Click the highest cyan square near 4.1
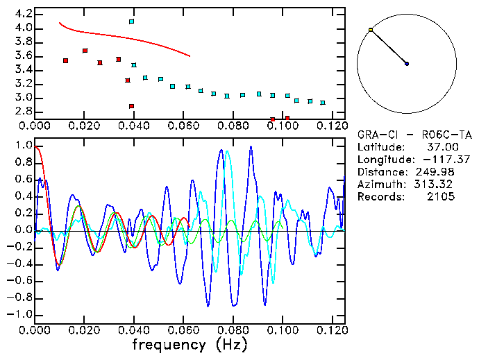(131, 22)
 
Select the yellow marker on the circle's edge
(371, 30)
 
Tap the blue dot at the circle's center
(407, 64)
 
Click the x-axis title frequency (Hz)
(190, 345)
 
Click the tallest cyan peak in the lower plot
(227, 153)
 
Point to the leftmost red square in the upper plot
(65, 61)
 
